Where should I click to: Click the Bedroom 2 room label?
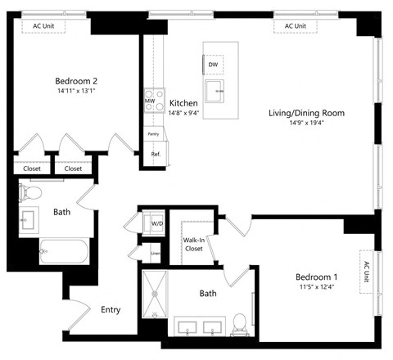click(x=76, y=81)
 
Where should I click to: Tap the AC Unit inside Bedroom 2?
click(x=49, y=26)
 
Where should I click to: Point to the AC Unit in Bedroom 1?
click(x=366, y=268)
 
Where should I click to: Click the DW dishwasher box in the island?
click(x=213, y=65)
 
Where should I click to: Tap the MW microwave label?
click(x=150, y=101)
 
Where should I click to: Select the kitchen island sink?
click(x=215, y=92)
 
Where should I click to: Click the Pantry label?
click(x=153, y=133)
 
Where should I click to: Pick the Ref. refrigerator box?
click(x=155, y=154)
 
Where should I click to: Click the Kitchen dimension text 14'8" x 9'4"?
click(x=183, y=113)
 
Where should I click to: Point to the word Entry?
click(x=111, y=310)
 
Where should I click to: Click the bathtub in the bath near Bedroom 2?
click(x=62, y=250)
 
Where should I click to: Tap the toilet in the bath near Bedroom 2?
click(x=31, y=193)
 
